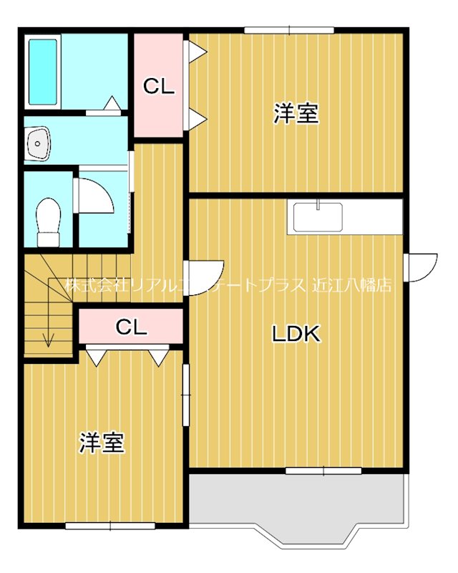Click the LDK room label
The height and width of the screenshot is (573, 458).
click(295, 334)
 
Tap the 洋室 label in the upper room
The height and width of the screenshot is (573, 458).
click(296, 114)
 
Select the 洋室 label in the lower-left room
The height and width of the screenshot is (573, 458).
click(102, 443)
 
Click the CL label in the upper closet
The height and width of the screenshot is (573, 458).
click(159, 87)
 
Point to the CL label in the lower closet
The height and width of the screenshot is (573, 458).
click(131, 328)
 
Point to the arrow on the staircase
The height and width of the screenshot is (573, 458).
click(48, 337)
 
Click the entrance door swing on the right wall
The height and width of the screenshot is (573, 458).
click(419, 266)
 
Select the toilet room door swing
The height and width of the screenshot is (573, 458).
click(94, 194)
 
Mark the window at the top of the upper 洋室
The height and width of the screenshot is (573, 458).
click(289, 29)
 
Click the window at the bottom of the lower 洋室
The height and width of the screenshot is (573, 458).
click(110, 526)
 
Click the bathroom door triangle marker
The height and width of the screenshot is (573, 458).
click(112, 105)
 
